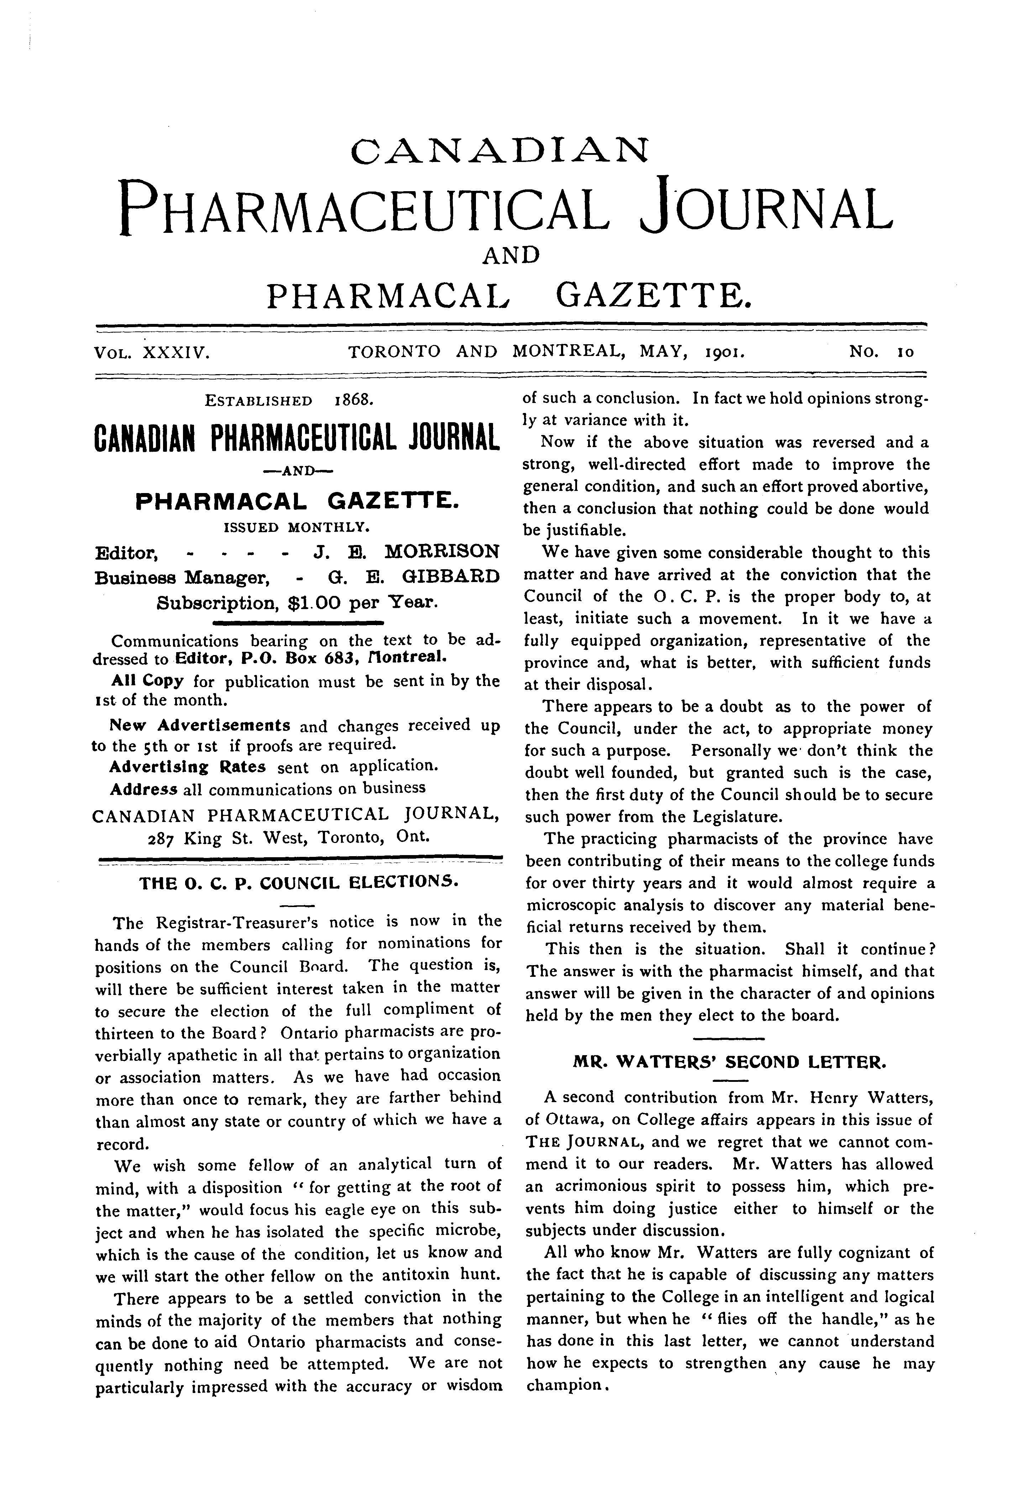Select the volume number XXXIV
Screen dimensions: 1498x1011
pyautogui.click(x=174, y=352)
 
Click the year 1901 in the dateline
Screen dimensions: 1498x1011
pyautogui.click(x=725, y=352)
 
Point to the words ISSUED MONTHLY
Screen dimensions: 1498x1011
pyautogui.click(x=296, y=527)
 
